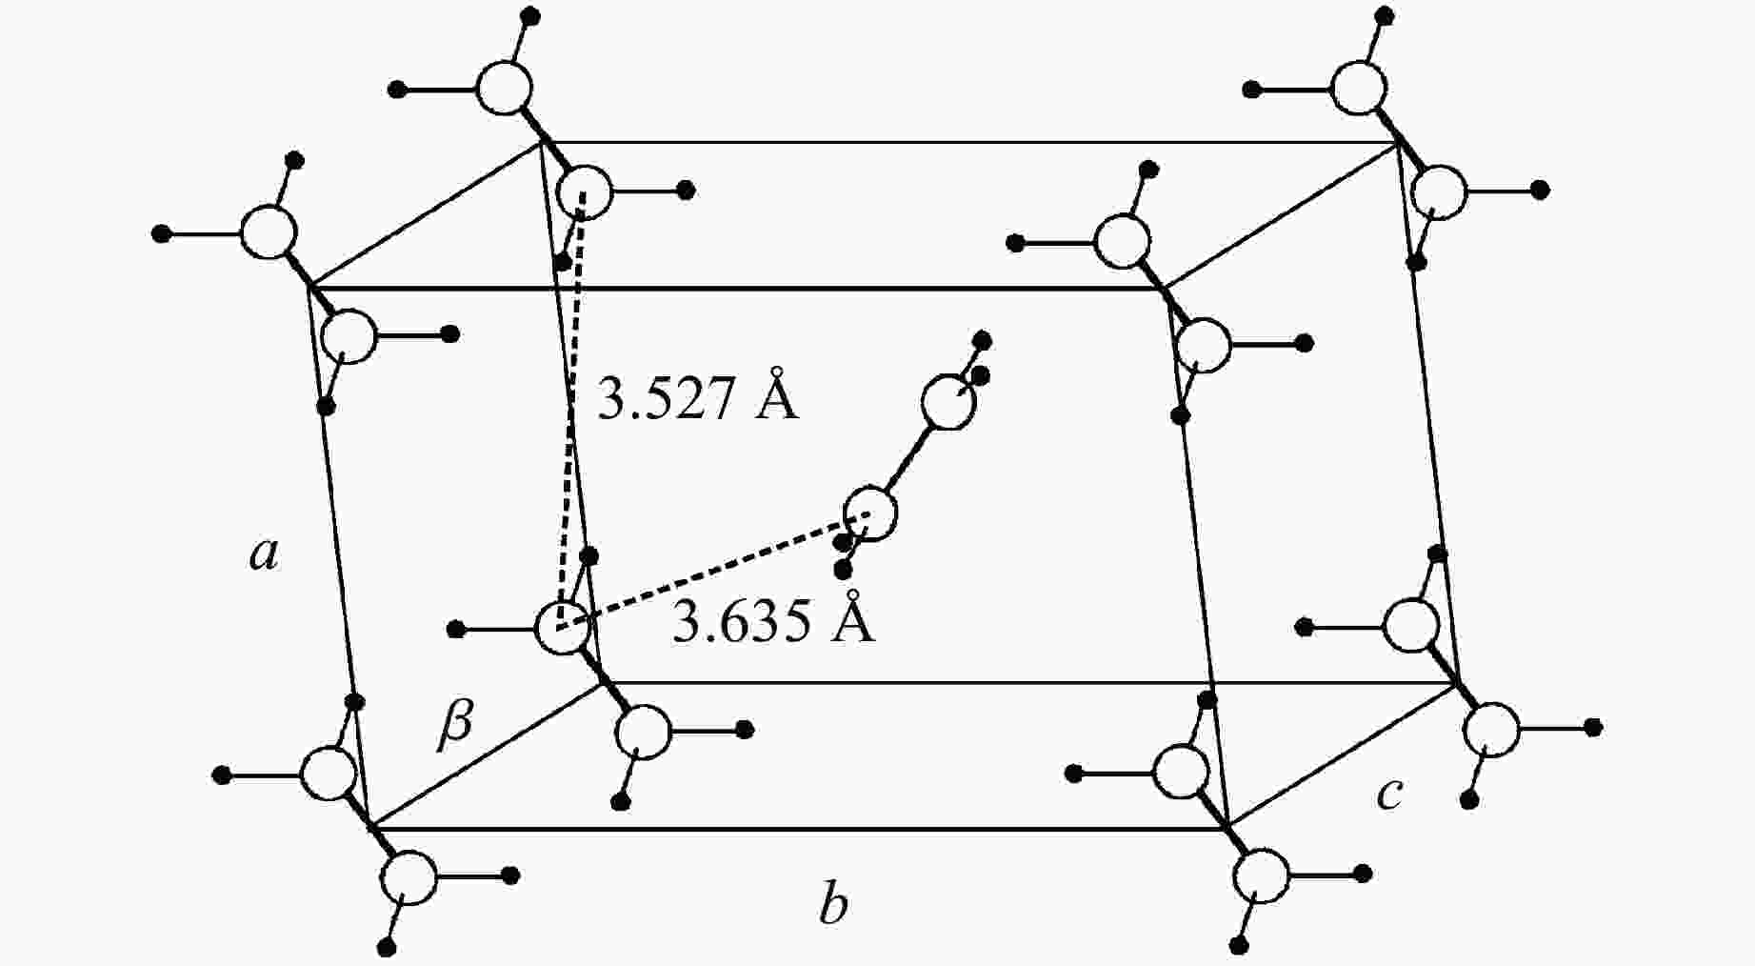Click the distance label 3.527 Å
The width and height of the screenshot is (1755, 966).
[697, 394]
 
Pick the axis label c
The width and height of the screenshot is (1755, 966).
[1389, 794]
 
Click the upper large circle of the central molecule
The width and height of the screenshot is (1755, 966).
[948, 402]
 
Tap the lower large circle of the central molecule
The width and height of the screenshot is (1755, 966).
[870, 513]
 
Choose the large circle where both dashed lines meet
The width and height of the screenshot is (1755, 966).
[562, 628]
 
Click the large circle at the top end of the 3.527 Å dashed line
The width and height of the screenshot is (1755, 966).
[584, 191]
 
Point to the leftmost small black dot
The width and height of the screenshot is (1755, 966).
[161, 232]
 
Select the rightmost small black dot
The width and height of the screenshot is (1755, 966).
[1593, 728]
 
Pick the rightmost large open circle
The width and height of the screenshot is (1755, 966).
[1491, 730]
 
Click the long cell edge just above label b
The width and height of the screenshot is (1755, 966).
[798, 828]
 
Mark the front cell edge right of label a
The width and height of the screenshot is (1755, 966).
[339, 557]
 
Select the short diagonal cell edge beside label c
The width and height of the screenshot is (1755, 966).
[1343, 755]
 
